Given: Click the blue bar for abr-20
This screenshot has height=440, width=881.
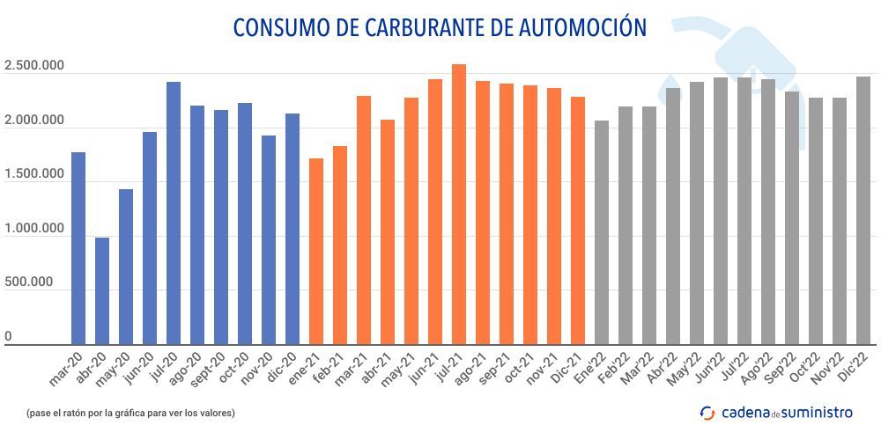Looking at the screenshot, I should [x=102, y=290].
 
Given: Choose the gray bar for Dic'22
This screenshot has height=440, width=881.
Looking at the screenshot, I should [x=862, y=210].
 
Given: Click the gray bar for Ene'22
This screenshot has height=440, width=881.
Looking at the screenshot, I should [x=601, y=232].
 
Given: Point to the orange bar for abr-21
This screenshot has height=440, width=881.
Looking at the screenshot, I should [x=387, y=232].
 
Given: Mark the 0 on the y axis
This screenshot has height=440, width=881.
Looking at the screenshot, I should [x=8, y=337].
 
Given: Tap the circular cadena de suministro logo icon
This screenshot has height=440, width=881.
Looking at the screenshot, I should [x=707, y=412].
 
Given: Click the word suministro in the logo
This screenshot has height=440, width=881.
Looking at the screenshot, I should [x=818, y=412].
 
